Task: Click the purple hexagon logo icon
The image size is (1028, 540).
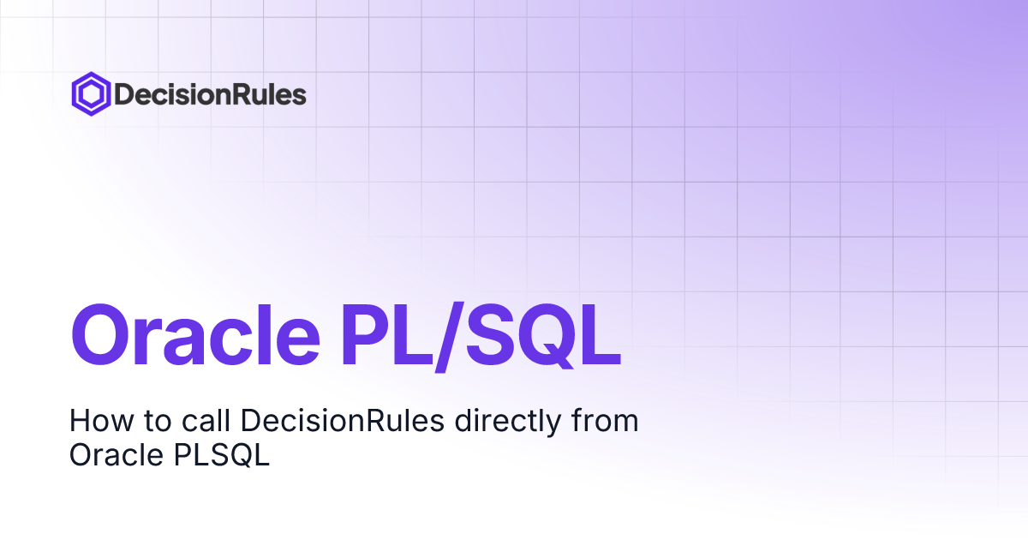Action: click(x=91, y=94)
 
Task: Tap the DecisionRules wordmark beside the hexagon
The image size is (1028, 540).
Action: click(x=210, y=94)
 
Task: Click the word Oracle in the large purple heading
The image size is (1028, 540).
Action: click(x=195, y=335)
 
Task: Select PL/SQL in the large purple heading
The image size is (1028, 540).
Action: click(x=481, y=337)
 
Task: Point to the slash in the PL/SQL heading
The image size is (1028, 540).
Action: click(x=448, y=337)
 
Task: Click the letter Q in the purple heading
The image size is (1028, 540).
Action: click(x=542, y=336)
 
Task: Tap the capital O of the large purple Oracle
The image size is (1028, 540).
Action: click(x=100, y=335)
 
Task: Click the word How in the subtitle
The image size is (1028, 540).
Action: click(x=101, y=421)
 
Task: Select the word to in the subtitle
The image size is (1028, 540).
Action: click(x=158, y=422)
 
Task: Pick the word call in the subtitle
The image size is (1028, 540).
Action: click(x=206, y=420)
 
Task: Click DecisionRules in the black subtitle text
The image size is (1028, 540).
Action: click(x=343, y=420)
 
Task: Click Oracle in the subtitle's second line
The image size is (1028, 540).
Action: click(x=117, y=455)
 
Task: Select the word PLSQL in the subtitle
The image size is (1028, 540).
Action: click(x=222, y=455)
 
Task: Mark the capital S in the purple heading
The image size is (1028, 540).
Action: click(x=487, y=335)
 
